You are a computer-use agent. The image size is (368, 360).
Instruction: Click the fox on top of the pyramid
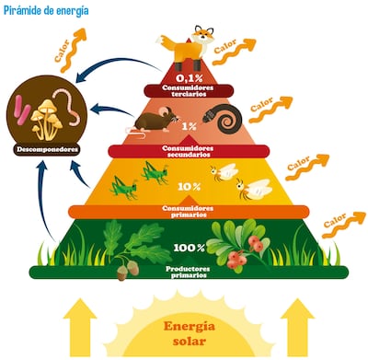click(x=190, y=45)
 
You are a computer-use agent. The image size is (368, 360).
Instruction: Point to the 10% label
click(x=189, y=186)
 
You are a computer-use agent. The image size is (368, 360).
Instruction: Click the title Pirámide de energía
click(x=46, y=9)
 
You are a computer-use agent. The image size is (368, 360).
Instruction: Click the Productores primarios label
click(x=189, y=272)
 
